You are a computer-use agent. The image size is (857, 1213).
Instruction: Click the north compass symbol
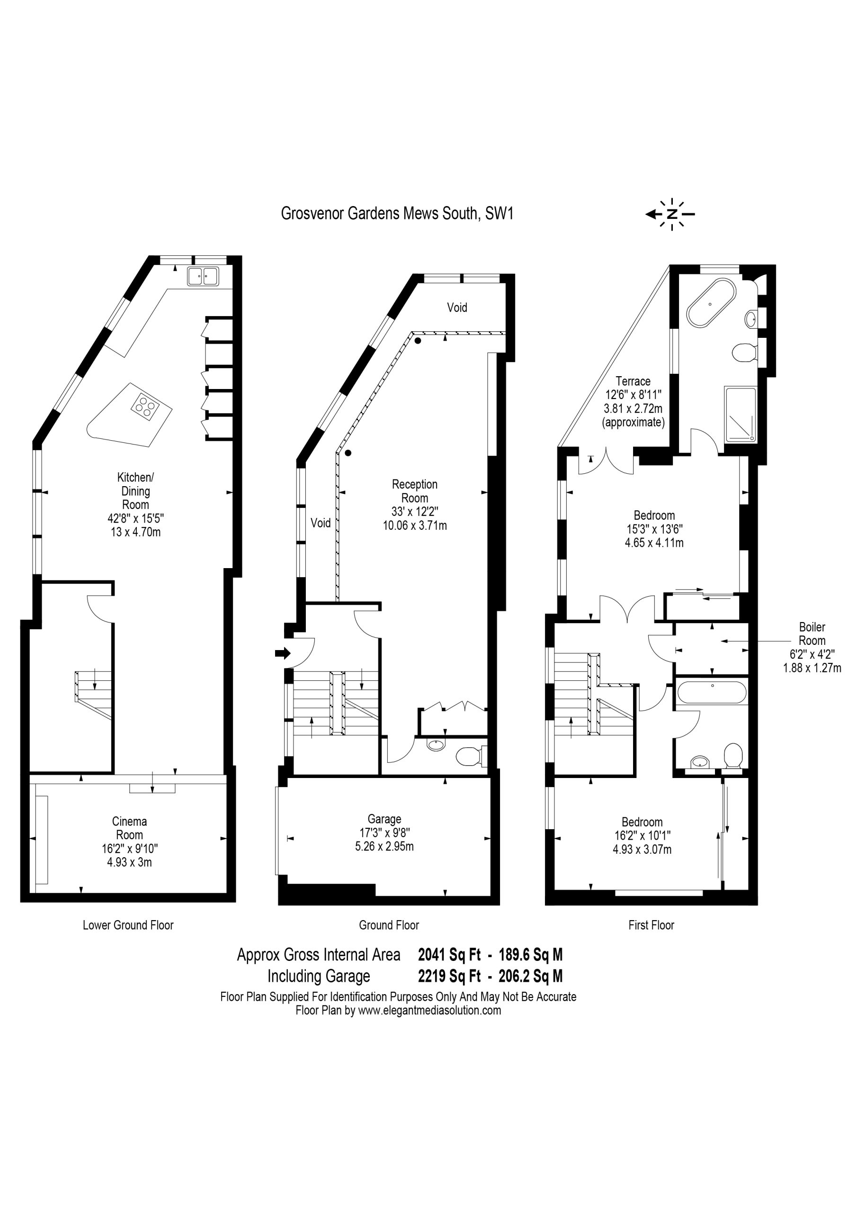click(x=670, y=214)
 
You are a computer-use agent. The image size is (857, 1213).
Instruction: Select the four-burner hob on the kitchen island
click(x=145, y=407)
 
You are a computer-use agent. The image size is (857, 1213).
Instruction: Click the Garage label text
click(x=384, y=819)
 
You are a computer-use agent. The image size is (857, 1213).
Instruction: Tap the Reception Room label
click(x=414, y=491)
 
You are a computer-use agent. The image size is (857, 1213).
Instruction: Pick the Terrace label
click(x=633, y=381)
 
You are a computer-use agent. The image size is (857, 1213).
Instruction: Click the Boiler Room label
click(x=812, y=634)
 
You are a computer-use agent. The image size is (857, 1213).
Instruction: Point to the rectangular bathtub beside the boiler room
click(x=713, y=692)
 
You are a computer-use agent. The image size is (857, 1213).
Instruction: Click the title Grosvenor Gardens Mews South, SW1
click(x=397, y=213)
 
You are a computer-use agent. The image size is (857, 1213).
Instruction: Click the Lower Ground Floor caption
click(x=128, y=924)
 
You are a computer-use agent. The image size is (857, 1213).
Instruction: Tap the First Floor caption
click(x=651, y=924)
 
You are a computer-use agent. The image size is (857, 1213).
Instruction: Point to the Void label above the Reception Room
click(x=457, y=307)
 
